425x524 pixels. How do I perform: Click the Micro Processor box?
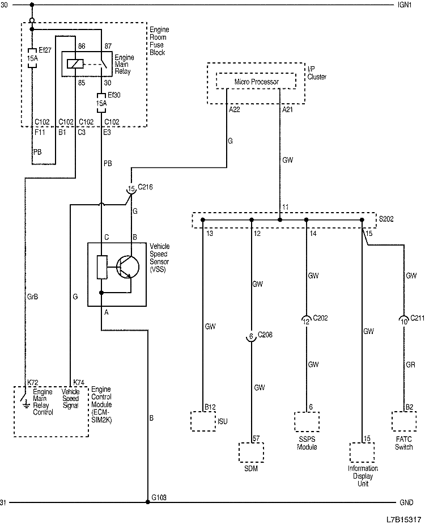coord(256,82)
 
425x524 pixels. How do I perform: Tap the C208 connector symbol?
coord(251,336)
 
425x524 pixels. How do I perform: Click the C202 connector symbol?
coord(307,321)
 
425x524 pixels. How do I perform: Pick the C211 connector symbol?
coord(403,321)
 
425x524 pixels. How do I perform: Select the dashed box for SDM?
coord(251,453)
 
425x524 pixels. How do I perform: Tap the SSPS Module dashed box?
coord(307,421)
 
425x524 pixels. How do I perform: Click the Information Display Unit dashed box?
coord(362,452)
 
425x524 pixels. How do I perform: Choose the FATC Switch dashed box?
coord(403,421)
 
